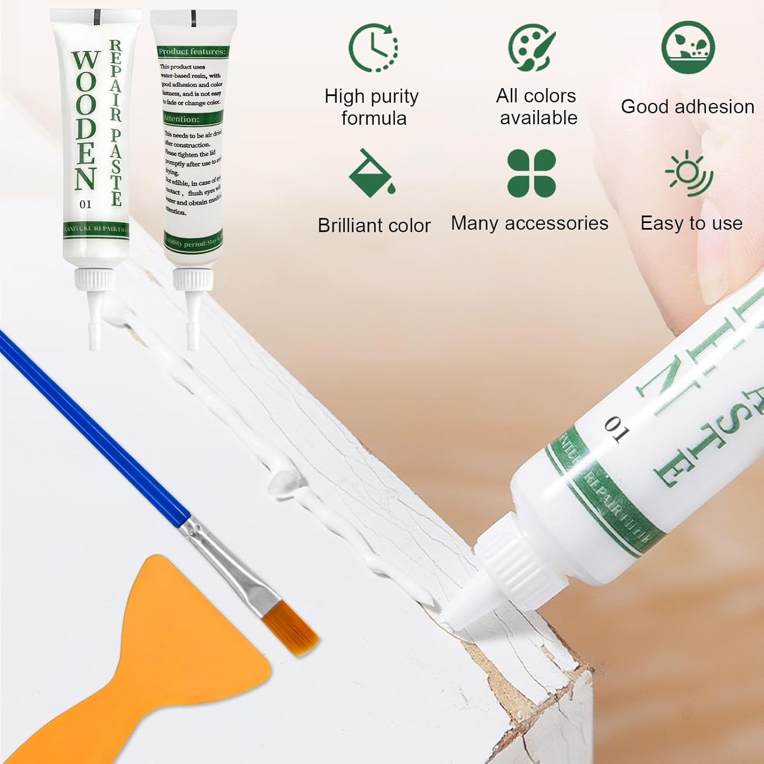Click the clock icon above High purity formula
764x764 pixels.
pyautogui.click(x=373, y=47)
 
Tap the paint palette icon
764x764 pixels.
pyautogui.click(x=532, y=47)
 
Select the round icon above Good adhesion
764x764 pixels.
pyautogui.click(x=688, y=47)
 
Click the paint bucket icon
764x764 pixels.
pyautogui.click(x=371, y=173)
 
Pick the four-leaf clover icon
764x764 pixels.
pyautogui.click(x=531, y=173)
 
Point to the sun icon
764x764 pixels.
pyautogui.click(x=690, y=174)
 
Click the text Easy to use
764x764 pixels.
pyautogui.click(x=691, y=223)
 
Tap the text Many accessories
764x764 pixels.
pyautogui.click(x=529, y=223)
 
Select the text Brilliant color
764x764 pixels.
pyautogui.click(x=374, y=225)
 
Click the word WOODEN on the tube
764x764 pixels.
pyautogui.click(x=85, y=120)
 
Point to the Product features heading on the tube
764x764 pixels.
pyautogui.click(x=192, y=51)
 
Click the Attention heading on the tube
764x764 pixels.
pyautogui.click(x=181, y=119)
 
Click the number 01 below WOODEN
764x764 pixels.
pyautogui.click(x=86, y=204)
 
